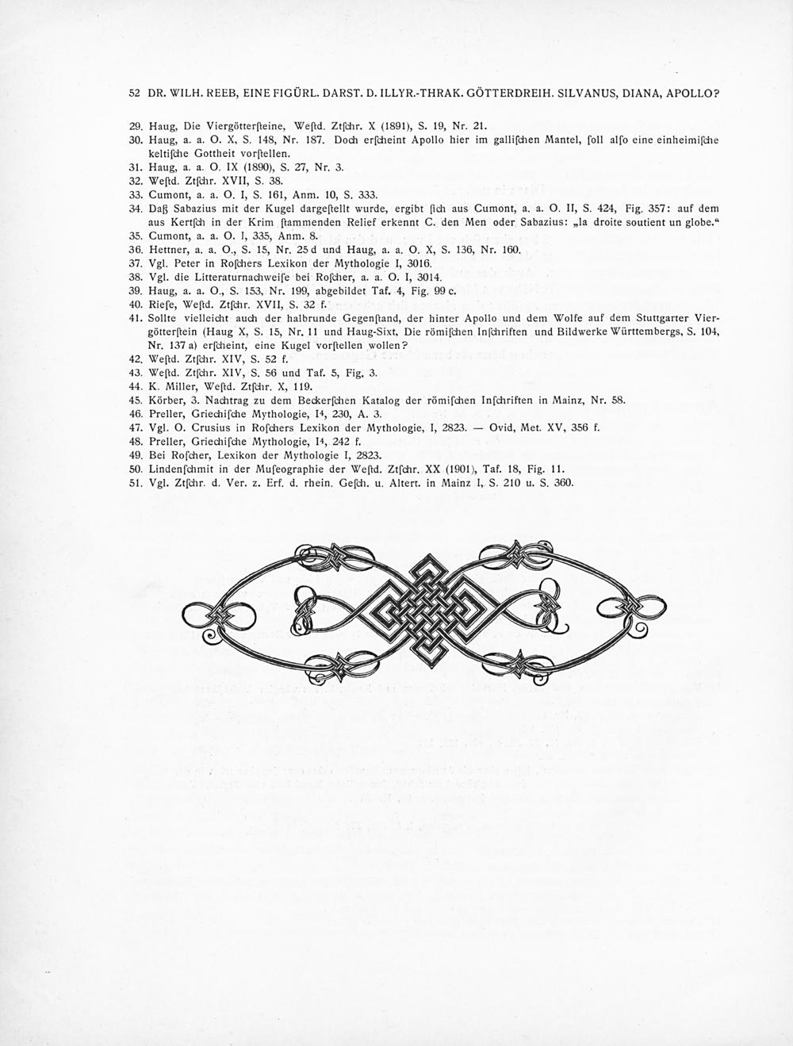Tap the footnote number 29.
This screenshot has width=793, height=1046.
(134, 125)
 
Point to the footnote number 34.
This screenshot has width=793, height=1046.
(134, 209)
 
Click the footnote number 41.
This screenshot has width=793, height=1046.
(134, 317)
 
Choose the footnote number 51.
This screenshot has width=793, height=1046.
(134, 483)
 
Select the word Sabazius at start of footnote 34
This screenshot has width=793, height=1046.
(196, 209)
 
